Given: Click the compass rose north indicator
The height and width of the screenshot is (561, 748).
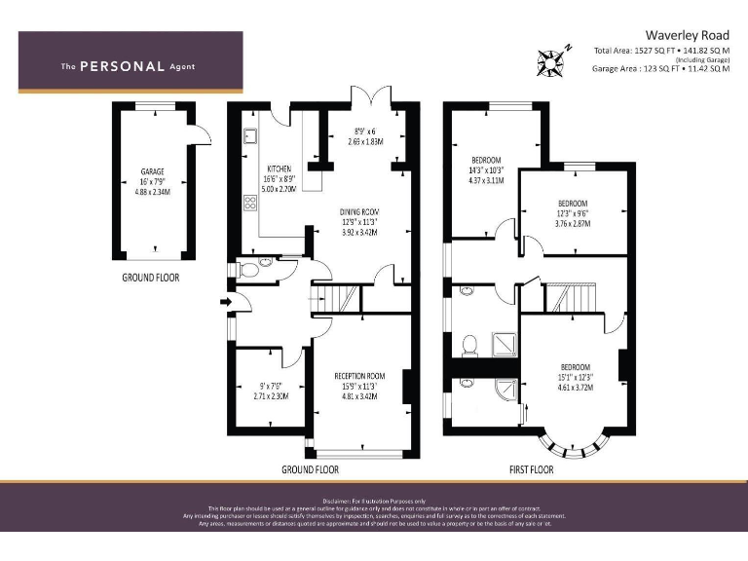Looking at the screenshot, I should pyautogui.click(x=553, y=60).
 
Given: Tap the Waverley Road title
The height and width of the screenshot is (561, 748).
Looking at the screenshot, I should pyautogui.click(x=687, y=35).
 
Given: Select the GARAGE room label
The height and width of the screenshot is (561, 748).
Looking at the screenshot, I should pyautogui.click(x=151, y=171).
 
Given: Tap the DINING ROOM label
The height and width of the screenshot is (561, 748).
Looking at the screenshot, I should pyautogui.click(x=359, y=211).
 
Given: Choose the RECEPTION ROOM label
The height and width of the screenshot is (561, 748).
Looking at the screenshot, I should pyautogui.click(x=359, y=375).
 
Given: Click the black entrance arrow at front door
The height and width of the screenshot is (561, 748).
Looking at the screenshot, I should pyautogui.click(x=226, y=303).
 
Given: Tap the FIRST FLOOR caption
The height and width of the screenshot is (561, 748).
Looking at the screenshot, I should pyautogui.click(x=531, y=469).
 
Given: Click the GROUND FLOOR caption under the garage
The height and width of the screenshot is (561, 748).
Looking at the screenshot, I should pyautogui.click(x=150, y=278).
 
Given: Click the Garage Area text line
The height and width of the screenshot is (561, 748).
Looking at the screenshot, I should pyautogui.click(x=659, y=69).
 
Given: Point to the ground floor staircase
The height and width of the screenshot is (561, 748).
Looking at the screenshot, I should pyautogui.click(x=339, y=296).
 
